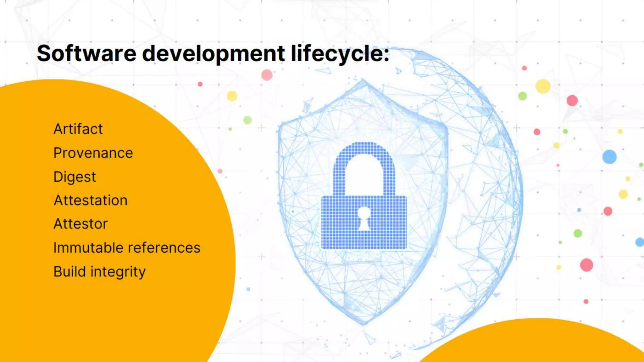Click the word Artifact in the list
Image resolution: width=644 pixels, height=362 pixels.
(78, 129)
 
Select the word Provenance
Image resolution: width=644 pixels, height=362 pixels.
(93, 153)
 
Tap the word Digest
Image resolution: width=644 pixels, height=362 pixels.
(75, 177)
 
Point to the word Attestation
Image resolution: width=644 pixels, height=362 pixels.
(91, 200)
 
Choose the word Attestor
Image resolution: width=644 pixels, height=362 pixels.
(80, 224)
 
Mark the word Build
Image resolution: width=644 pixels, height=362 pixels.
(69, 271)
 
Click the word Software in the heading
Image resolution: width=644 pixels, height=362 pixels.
(86, 53)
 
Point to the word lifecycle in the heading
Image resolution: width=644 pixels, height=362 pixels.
(340, 54)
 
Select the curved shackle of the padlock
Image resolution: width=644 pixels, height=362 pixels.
(364, 157)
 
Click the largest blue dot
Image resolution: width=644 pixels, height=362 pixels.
(609, 156)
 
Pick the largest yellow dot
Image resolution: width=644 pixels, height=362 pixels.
(543, 86)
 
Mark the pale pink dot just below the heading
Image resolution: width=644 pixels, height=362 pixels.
(267, 75)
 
